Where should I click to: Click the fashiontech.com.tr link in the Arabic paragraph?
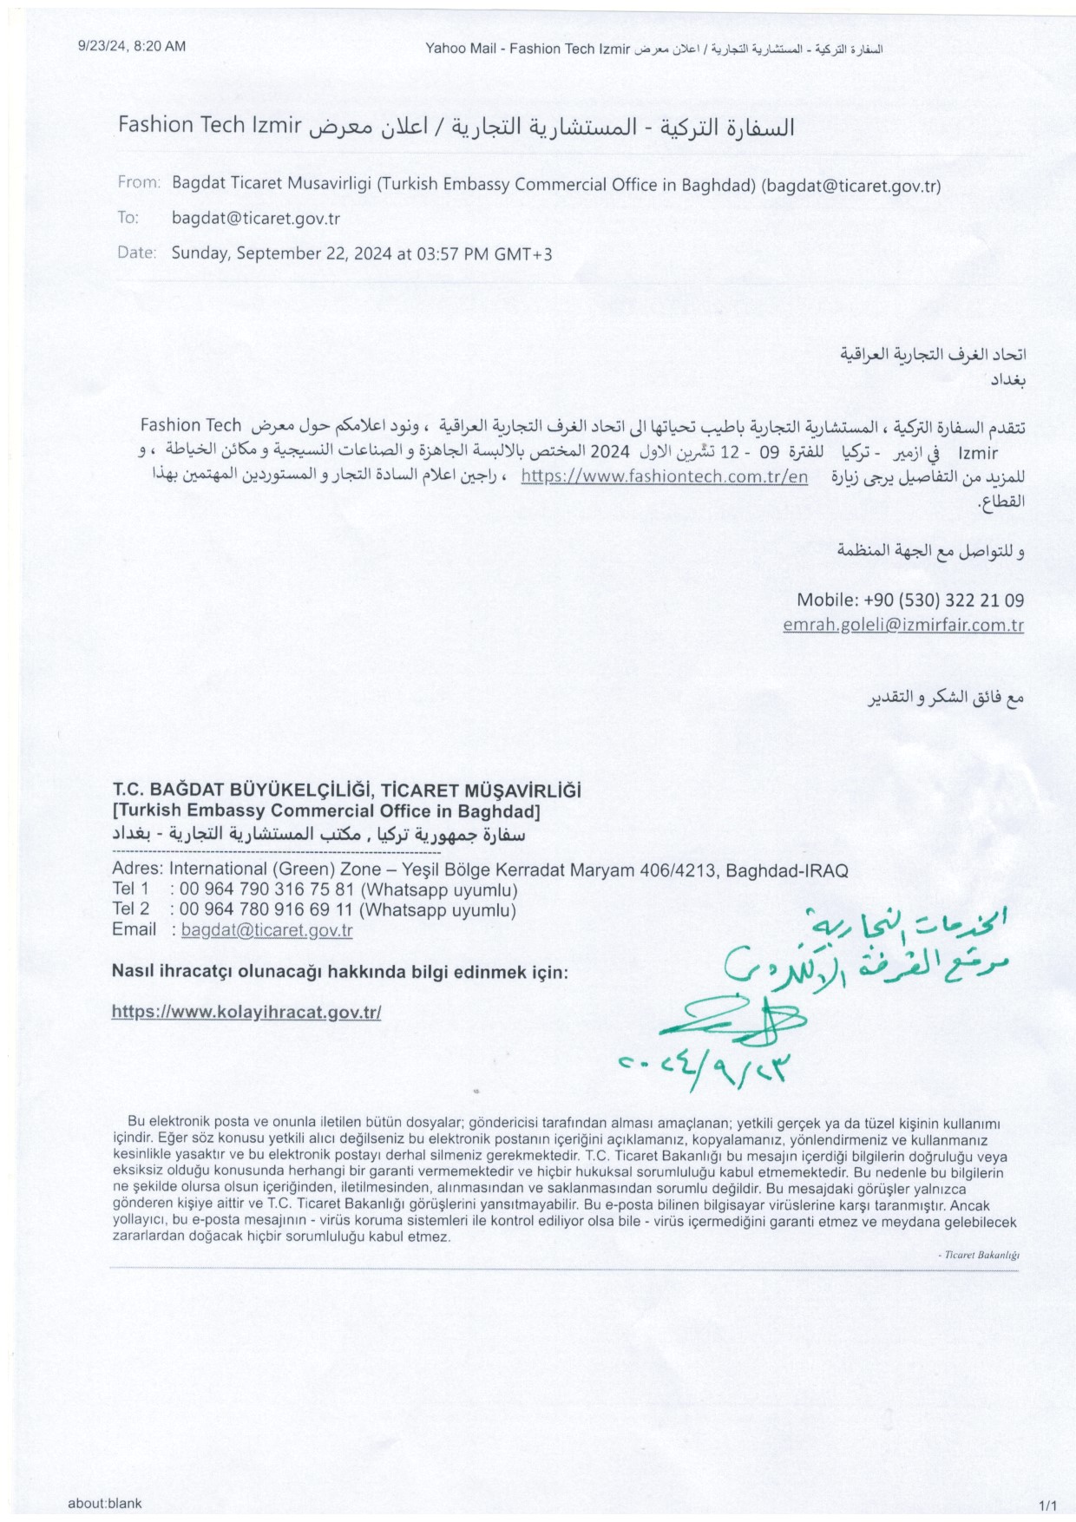coord(664,476)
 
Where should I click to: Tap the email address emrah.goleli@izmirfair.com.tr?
coord(902,625)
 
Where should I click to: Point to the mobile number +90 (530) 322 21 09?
coord(943,600)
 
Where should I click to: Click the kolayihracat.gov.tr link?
coord(246,1012)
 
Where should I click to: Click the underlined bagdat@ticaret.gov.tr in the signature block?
coord(266,930)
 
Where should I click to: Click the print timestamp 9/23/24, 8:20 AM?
coord(132,47)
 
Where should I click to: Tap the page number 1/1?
coord(1047,1505)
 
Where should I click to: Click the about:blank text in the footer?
coord(104,1503)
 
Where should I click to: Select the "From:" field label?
coord(139,183)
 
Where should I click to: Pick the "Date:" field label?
coord(137,253)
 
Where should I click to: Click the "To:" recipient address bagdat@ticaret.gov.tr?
coord(256,219)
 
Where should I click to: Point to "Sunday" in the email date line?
coord(201,253)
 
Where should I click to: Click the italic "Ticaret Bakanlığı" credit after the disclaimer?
coord(981,1255)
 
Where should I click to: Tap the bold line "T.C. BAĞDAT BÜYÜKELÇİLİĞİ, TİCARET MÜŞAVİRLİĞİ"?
coord(346,791)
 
